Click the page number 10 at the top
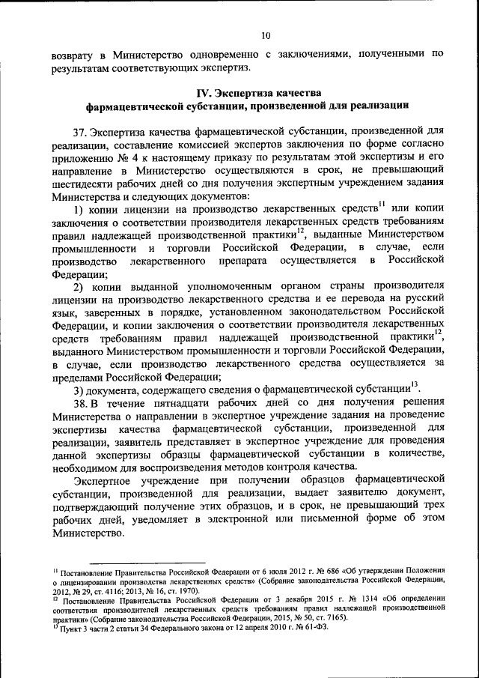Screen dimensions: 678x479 (265, 34)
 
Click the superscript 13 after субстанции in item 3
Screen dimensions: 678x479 (416, 385)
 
